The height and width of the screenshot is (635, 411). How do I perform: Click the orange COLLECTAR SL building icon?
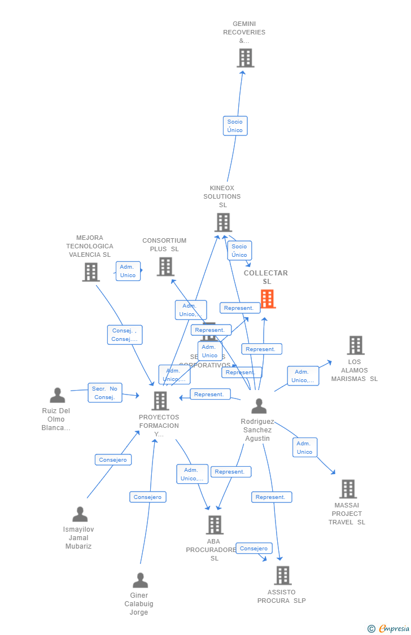tap(268, 299)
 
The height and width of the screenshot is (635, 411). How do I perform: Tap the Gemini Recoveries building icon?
tap(245, 58)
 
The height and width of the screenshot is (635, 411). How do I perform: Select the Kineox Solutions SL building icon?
tap(223, 222)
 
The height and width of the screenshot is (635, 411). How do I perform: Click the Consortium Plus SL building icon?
tap(165, 266)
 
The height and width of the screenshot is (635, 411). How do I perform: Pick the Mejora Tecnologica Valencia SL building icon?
tap(90, 272)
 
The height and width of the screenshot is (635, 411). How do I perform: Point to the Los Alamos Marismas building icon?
tap(355, 345)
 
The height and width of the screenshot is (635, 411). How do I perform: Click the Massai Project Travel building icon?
tap(348, 489)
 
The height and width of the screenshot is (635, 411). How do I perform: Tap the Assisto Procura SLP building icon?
tap(282, 575)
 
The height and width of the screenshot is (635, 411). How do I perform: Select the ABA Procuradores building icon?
tap(214, 525)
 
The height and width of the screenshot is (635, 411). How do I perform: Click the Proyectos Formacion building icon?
tap(160, 401)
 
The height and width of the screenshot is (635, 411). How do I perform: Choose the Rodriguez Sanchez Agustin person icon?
tap(259, 406)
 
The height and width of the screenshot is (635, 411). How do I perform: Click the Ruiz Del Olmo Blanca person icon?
tap(57, 395)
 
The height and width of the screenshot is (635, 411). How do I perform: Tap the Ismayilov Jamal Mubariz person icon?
tap(80, 514)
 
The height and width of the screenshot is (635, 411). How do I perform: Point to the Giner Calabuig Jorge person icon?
tap(140, 580)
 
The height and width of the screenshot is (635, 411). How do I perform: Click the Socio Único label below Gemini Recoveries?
tap(235, 126)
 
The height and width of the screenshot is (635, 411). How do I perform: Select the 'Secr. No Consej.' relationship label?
tap(105, 393)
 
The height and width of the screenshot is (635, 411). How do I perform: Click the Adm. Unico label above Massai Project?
tap(305, 448)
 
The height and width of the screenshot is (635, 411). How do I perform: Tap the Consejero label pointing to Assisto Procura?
tap(254, 549)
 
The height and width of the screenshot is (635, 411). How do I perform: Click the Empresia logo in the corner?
tap(390, 628)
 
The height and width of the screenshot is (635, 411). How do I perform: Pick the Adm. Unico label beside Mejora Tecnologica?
tap(128, 271)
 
